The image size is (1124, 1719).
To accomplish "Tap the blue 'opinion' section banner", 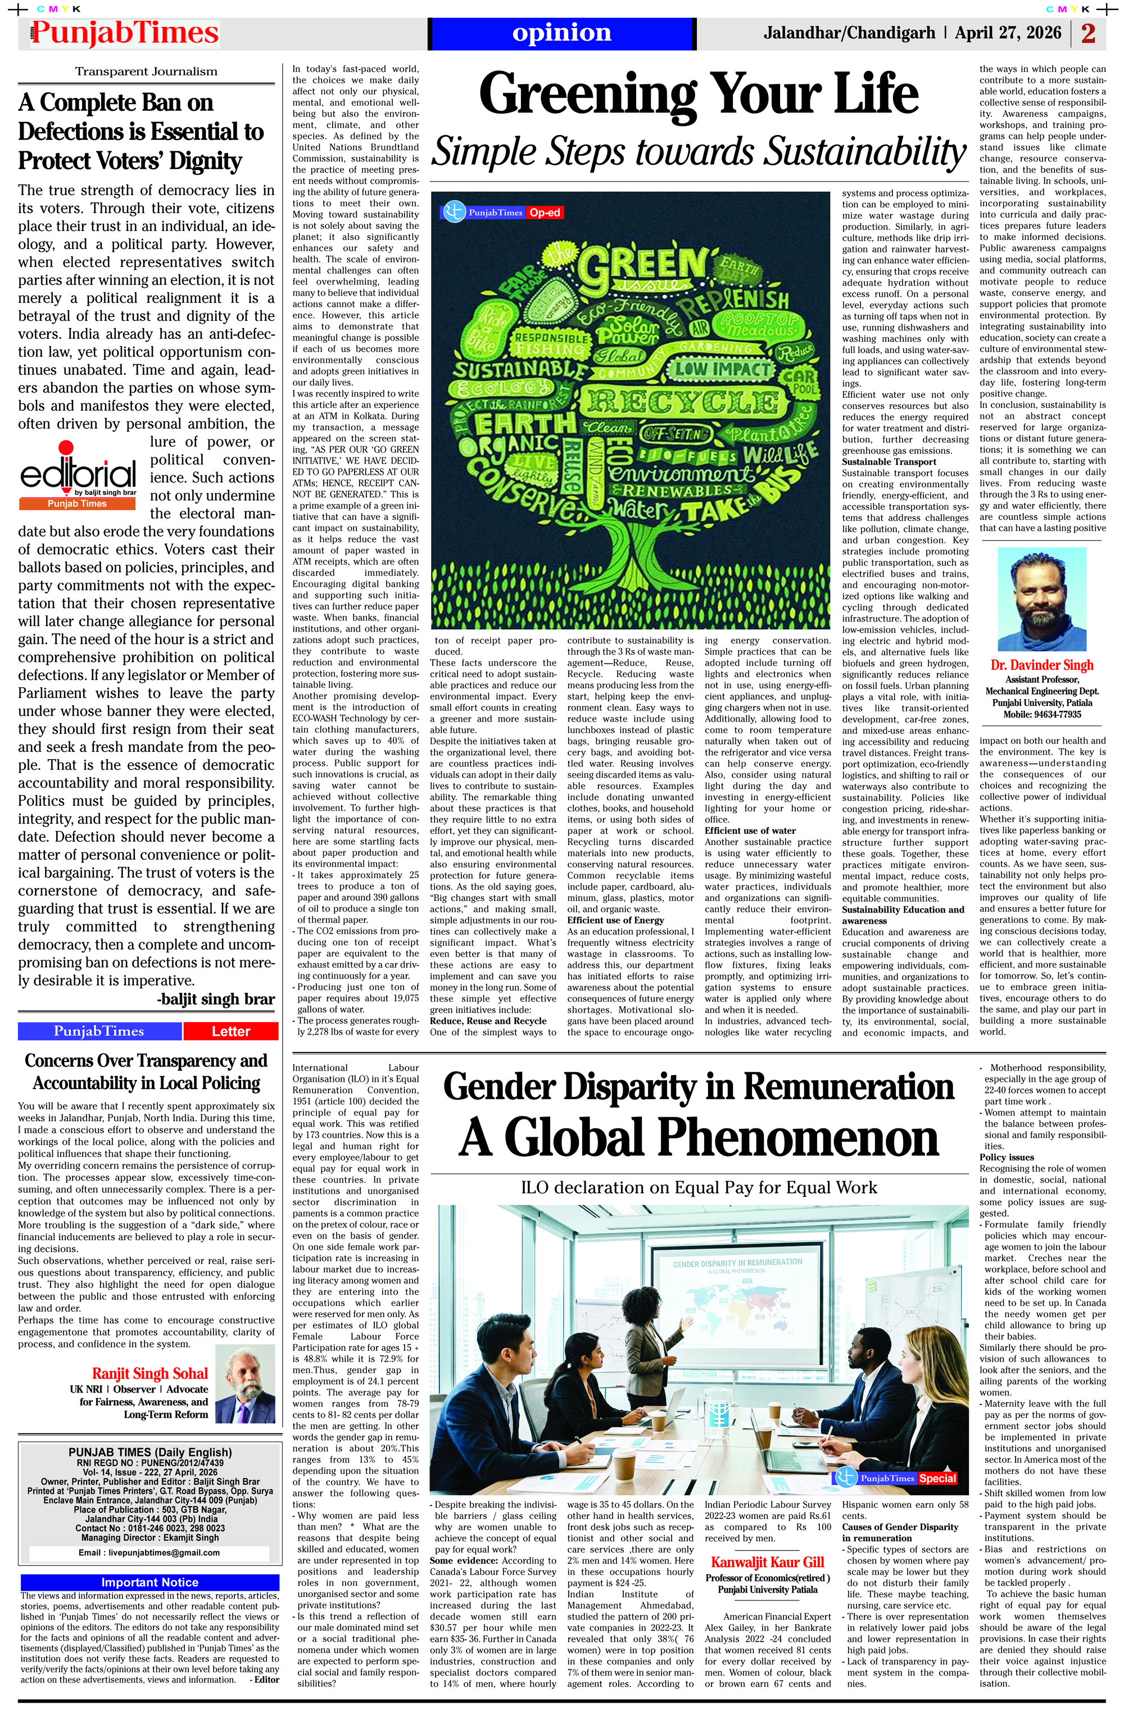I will [x=561, y=33].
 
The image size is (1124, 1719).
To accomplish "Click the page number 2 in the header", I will [x=1088, y=33].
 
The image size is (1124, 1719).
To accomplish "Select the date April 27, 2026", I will [x=1008, y=33].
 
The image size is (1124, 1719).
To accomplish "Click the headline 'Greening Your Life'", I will [x=698, y=94].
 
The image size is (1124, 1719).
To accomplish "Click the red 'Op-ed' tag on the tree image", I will [x=545, y=212].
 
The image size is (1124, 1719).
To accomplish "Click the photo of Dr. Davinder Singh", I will [x=1041, y=599].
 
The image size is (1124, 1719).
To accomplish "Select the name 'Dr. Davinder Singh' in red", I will [x=1041, y=665].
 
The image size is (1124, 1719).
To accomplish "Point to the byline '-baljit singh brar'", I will [x=215, y=1000].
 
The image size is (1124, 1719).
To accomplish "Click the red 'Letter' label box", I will [x=230, y=1031].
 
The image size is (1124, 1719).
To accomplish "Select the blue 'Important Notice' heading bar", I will [x=149, y=1582].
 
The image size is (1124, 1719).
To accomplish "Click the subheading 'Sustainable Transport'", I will [x=889, y=461].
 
